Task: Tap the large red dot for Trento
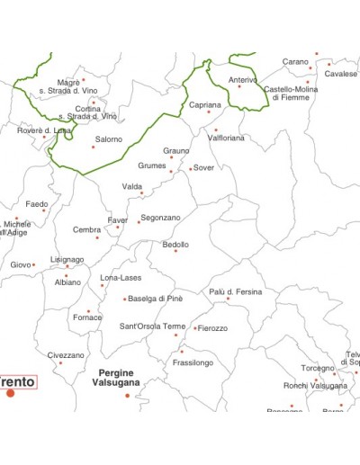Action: [11, 393]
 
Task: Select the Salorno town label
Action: [109, 139]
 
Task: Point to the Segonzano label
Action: [161, 218]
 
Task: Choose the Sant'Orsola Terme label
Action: [153, 326]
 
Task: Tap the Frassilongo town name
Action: [193, 362]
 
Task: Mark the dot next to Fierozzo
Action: [194, 328]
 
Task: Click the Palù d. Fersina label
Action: [236, 291]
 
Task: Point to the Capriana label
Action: [205, 105]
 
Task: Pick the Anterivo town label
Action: [242, 80]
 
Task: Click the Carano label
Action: [295, 62]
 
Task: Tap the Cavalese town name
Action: [341, 74]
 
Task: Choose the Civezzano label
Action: [66, 355]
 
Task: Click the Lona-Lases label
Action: [121, 277]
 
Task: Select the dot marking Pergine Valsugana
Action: [127, 395]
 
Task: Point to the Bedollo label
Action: [175, 244]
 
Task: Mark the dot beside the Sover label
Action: [190, 168]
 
